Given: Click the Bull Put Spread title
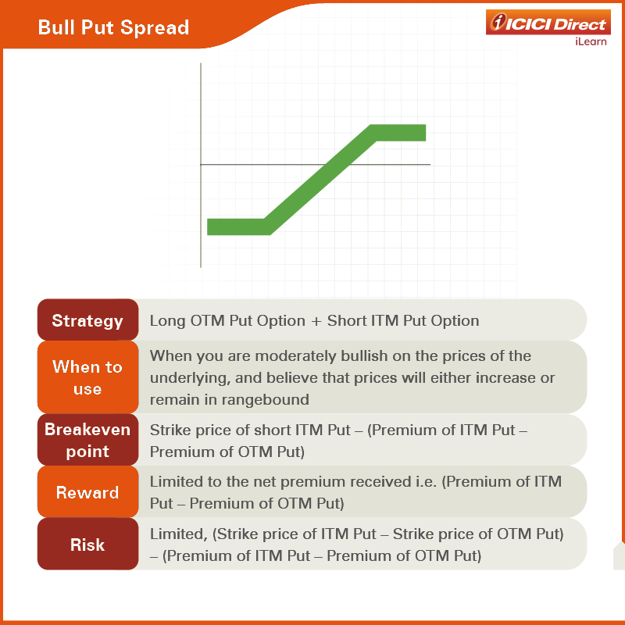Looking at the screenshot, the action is [x=113, y=27].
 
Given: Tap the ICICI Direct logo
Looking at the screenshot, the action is [x=548, y=23].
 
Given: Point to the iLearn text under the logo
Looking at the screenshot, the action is [x=591, y=41].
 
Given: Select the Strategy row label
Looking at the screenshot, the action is [x=87, y=320].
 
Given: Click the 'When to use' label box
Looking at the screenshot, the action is [x=87, y=377].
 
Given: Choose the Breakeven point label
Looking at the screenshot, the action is [x=87, y=440].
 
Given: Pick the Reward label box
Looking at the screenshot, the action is [x=87, y=492].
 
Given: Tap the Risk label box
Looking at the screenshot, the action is [x=87, y=544].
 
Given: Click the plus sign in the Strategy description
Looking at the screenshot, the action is [x=316, y=321].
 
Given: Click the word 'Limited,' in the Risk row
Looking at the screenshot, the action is [x=179, y=534].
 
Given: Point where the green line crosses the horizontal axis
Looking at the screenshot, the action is [x=337, y=164].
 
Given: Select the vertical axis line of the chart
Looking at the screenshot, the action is [x=201, y=165].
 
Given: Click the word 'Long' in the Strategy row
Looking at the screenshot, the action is [x=167, y=321].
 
